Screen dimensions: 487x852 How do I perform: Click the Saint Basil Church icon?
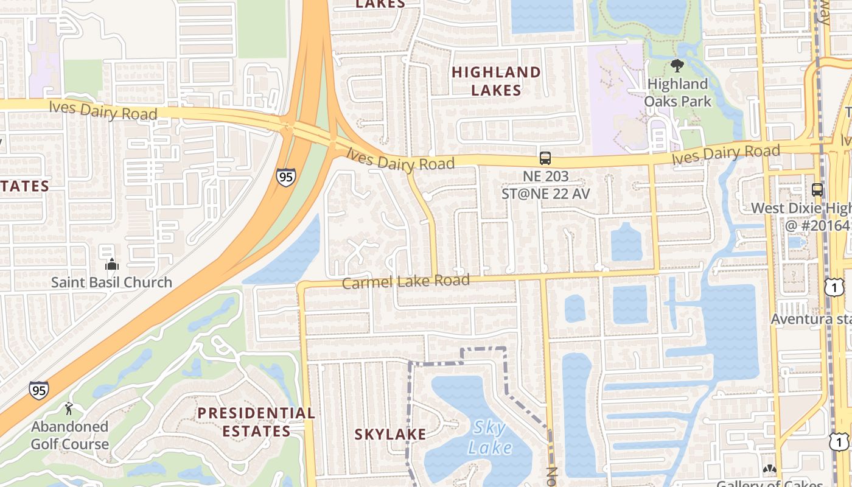(x=112, y=264)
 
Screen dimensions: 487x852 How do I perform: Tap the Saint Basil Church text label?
(x=111, y=282)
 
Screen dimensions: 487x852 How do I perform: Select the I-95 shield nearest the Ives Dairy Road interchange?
(x=285, y=177)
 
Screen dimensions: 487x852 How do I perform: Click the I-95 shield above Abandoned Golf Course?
(x=38, y=390)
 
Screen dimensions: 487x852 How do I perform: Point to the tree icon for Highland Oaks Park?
(x=677, y=66)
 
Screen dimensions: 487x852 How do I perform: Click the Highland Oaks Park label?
(x=677, y=93)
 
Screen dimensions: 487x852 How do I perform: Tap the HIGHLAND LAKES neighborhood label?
(x=496, y=81)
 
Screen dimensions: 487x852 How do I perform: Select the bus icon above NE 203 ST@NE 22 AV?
(x=545, y=158)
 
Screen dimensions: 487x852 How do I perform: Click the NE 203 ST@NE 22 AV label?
(x=545, y=185)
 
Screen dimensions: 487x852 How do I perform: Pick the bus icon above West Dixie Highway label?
(x=817, y=189)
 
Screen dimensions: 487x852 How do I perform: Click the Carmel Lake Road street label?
(x=405, y=281)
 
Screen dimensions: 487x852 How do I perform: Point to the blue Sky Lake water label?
(x=489, y=438)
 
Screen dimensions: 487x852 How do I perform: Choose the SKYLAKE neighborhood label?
(x=390, y=434)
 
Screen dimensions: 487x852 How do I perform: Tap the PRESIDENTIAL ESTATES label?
(x=256, y=422)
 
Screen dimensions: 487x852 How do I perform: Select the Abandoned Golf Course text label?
(x=70, y=435)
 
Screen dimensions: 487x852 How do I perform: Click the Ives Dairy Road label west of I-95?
(x=103, y=110)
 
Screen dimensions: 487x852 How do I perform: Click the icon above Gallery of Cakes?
(x=769, y=470)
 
